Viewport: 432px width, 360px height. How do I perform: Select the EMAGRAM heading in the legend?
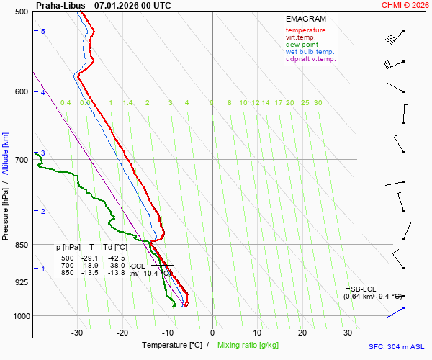(x=305, y=19)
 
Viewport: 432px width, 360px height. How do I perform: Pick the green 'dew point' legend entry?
(x=302, y=45)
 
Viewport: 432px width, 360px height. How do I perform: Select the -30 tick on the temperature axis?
(x=77, y=333)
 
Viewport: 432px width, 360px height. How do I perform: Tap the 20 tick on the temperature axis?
(x=302, y=333)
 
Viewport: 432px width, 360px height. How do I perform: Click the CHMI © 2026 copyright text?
(x=405, y=5)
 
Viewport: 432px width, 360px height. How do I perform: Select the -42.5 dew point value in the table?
(x=116, y=258)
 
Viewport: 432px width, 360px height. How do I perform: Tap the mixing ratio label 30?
(x=318, y=103)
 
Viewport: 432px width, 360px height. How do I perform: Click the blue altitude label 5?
(x=43, y=31)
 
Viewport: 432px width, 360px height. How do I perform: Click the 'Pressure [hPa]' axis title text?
(x=6, y=210)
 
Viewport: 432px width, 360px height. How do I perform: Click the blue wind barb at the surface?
(x=396, y=312)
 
